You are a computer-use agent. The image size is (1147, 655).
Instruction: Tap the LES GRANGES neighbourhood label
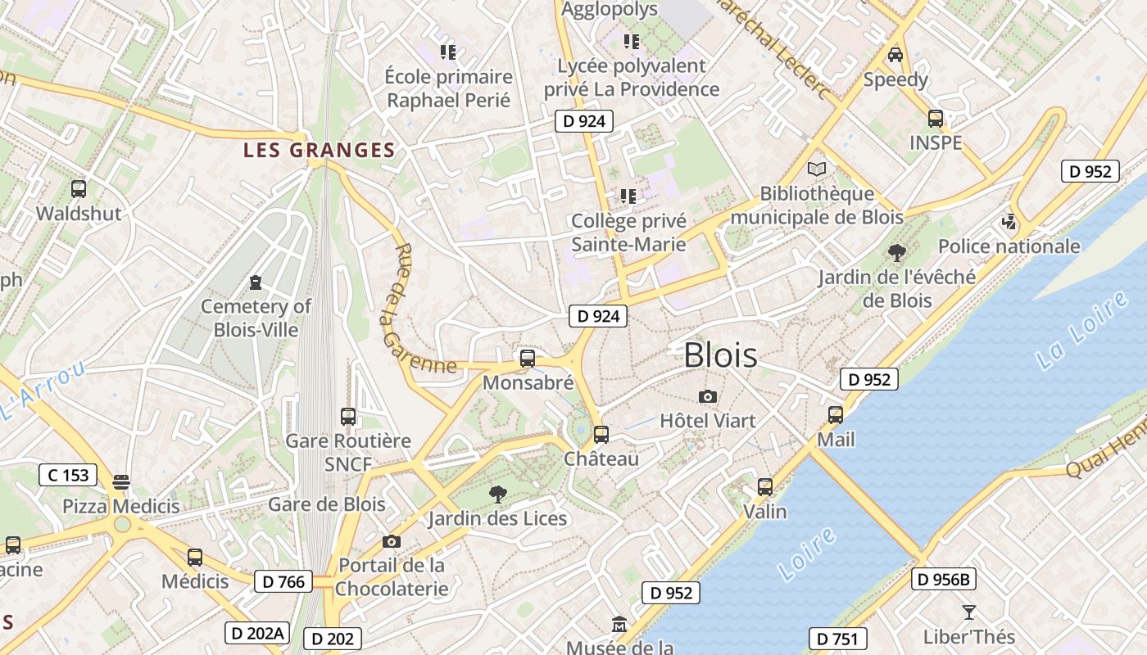pyautogui.click(x=320, y=150)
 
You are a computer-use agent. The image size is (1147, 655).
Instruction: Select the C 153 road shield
pyautogui.click(x=68, y=475)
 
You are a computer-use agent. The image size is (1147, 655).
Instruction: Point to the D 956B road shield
pyautogui.click(x=943, y=580)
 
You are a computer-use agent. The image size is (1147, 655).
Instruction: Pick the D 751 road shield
pyautogui.click(x=838, y=639)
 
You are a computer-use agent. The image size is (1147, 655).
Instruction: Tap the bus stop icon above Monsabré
pyautogui.click(x=528, y=358)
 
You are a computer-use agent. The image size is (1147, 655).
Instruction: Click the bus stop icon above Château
pyautogui.click(x=601, y=434)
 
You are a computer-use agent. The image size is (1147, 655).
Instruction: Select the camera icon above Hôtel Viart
pyautogui.click(x=708, y=397)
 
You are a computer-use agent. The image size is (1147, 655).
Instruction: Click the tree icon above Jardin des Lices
pyautogui.click(x=496, y=494)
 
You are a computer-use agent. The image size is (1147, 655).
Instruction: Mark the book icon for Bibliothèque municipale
pyautogui.click(x=817, y=169)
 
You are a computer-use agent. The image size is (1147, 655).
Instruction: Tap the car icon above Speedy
pyautogui.click(x=895, y=55)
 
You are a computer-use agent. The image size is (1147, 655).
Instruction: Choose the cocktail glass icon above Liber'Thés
pyautogui.click(x=969, y=612)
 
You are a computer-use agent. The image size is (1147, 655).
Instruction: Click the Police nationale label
pyautogui.click(x=1009, y=246)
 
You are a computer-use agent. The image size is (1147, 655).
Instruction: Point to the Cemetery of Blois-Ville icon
pyautogui.click(x=256, y=282)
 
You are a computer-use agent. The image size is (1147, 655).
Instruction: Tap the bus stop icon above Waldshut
pyautogui.click(x=79, y=189)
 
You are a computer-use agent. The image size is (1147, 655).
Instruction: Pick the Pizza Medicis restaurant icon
pyautogui.click(x=121, y=481)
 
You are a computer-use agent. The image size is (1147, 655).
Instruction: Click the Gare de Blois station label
pyautogui.click(x=326, y=504)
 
